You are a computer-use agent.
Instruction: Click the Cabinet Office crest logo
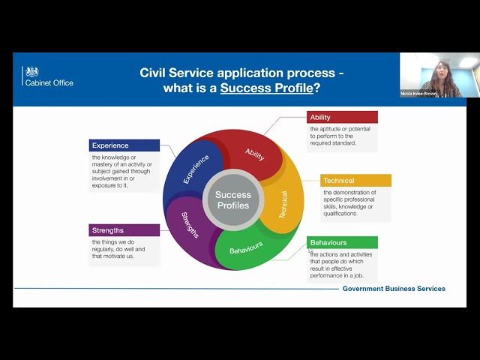click(31, 71)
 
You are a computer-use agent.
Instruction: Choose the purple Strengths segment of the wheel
click(189, 225)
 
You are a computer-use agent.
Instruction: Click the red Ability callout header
click(342, 117)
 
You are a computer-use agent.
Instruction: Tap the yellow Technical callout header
click(355, 181)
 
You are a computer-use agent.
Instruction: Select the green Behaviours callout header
click(342, 243)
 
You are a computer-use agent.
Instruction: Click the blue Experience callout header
click(124, 145)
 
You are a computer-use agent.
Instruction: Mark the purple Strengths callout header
click(124, 230)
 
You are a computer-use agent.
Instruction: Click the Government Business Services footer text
click(394, 289)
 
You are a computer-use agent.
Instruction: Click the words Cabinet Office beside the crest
click(58, 82)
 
